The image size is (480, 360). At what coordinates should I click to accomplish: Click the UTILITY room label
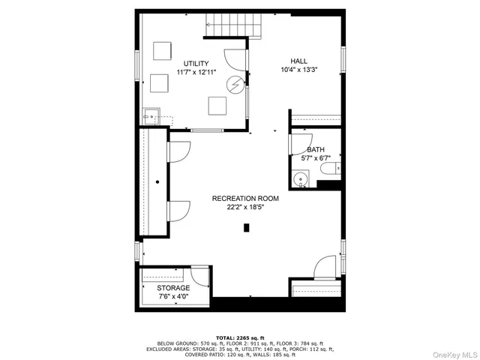coord(196,64)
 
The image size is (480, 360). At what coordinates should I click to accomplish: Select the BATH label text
coord(315,150)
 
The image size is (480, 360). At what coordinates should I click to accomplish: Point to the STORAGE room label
coord(173,288)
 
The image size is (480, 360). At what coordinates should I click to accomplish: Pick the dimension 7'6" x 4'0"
coord(173,297)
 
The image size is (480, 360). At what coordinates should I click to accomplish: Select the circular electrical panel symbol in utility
coord(237,85)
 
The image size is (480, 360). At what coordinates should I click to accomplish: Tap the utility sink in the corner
coord(151,116)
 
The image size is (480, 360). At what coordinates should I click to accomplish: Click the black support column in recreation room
coord(245,228)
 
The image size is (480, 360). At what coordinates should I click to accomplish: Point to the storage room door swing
coord(200,275)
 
